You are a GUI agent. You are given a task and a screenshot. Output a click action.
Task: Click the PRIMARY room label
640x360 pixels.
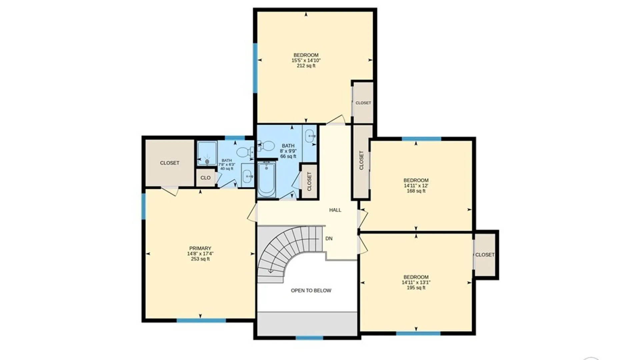tap(200, 248)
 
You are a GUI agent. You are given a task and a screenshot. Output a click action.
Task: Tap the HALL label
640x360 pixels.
tap(335, 210)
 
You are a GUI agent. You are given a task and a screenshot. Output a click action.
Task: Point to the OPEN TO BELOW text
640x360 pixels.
tap(311, 291)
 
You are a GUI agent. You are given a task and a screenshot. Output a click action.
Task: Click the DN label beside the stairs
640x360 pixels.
tap(329, 239)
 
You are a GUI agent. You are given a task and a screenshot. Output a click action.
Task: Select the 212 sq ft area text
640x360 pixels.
tap(306, 66)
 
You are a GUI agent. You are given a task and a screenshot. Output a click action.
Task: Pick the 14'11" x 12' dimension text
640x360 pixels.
tap(416, 186)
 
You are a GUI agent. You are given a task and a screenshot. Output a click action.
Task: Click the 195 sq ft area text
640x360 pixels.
tap(416, 288)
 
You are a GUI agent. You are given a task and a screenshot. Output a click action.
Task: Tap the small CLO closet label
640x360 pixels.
tap(205, 178)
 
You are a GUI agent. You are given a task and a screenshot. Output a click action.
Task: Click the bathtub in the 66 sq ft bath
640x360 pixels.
tap(266, 179)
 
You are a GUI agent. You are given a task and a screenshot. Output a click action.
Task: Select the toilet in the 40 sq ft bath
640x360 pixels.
tap(245, 152)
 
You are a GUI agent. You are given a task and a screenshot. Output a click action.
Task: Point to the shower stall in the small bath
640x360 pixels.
tap(207, 153)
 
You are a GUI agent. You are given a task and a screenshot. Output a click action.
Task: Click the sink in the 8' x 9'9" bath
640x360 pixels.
tap(310, 136)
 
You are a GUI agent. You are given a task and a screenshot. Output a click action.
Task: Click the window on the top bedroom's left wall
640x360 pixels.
tap(255, 68)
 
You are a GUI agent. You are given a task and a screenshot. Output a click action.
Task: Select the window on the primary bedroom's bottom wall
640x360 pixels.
tap(201, 321)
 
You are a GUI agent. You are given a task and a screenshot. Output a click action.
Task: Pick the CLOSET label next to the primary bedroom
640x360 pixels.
tap(170, 163)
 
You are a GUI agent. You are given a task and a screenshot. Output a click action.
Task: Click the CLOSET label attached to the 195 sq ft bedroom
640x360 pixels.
tap(485, 255)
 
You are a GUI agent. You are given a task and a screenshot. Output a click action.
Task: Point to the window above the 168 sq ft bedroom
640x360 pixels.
tap(421, 139)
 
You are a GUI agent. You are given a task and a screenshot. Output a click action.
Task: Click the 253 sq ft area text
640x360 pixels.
tap(200, 259)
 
